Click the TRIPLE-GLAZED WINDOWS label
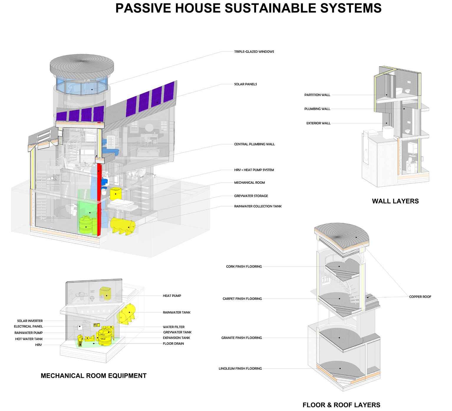[x=254, y=52]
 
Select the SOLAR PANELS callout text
[x=245, y=84]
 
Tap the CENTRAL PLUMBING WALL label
[x=254, y=144]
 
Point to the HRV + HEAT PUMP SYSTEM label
[x=254, y=170]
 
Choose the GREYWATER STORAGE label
[x=251, y=196]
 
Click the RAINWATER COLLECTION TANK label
[x=258, y=206]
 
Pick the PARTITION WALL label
[x=317, y=95]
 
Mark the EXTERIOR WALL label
[x=318, y=123]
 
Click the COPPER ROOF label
[x=420, y=297]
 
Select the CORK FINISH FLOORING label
[x=244, y=267]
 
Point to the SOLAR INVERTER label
[x=30, y=321]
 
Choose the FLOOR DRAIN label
[x=173, y=343]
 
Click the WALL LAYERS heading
[x=395, y=201]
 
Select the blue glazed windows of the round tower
[x=81, y=86]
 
